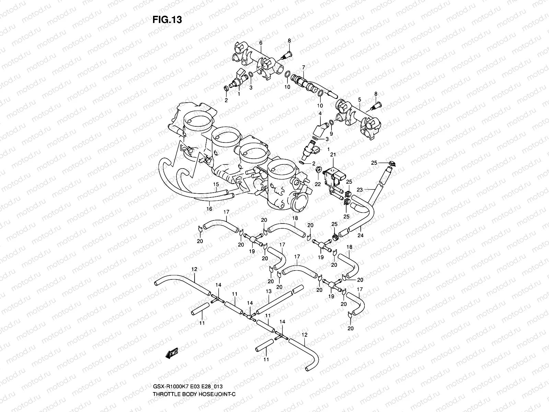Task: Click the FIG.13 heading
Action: pyautogui.click(x=167, y=20)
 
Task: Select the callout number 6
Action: pyautogui.click(x=260, y=43)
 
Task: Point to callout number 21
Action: pyautogui.click(x=332, y=156)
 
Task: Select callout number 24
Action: pyautogui.click(x=360, y=236)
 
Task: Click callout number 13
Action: pyautogui.click(x=268, y=291)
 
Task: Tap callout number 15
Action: pyautogui.click(x=215, y=184)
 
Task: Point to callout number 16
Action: pyautogui.click(x=209, y=209)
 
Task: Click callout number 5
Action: pyautogui.click(x=359, y=100)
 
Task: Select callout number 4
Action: pyautogui.click(x=320, y=113)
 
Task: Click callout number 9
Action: pyautogui.click(x=331, y=133)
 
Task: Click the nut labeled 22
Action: pyautogui.click(x=318, y=169)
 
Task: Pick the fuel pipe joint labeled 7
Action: pyautogui.click(x=304, y=83)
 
